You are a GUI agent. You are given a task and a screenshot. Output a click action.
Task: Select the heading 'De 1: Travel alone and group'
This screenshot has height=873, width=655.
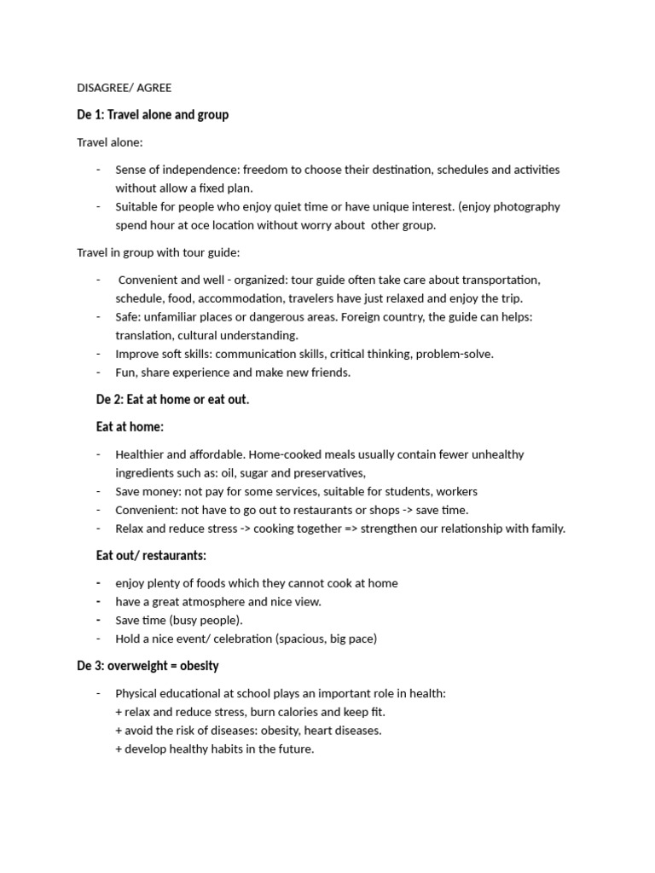click(153, 114)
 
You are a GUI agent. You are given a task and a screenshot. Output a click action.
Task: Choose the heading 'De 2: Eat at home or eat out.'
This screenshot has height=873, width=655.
click(172, 400)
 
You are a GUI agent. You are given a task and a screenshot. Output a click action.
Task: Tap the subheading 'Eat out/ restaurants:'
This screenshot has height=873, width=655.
click(151, 556)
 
